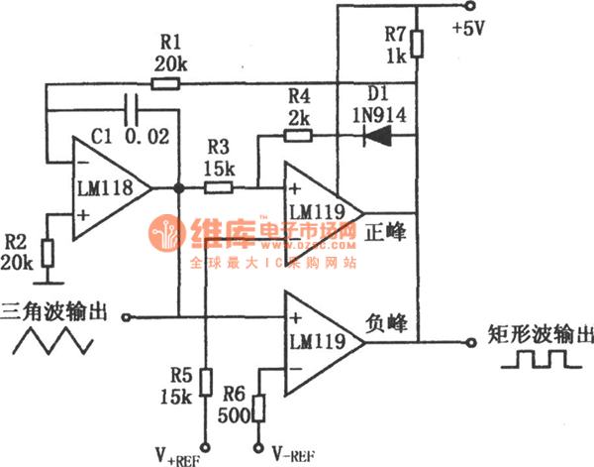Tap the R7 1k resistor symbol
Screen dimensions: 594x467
[417, 45]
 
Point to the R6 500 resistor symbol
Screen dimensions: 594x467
[260, 408]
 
